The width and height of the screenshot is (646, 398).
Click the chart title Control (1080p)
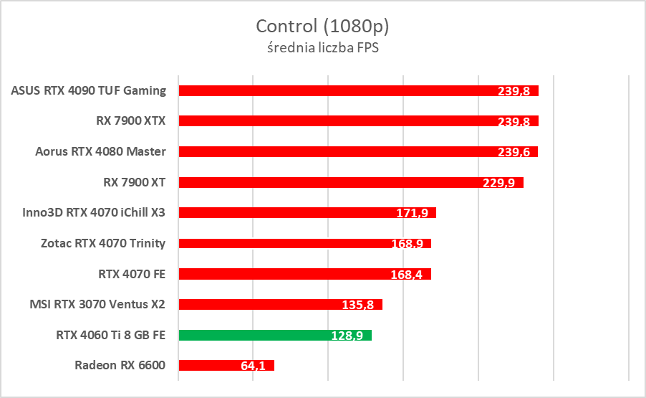tap(322, 27)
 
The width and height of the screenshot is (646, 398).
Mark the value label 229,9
tap(500, 183)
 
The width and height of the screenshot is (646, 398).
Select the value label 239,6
tap(514, 152)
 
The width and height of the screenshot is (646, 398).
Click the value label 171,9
tap(413, 213)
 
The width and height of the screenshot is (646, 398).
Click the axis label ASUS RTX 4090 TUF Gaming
tap(89, 90)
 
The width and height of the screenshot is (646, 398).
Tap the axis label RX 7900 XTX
tap(131, 120)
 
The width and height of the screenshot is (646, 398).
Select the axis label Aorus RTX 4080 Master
tap(100, 151)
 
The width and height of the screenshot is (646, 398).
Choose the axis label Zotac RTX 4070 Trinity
tap(103, 243)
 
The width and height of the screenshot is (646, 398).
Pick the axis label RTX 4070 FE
tap(132, 273)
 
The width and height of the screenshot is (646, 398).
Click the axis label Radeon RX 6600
tap(120, 365)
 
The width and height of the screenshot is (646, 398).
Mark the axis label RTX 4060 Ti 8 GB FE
tap(110, 334)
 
